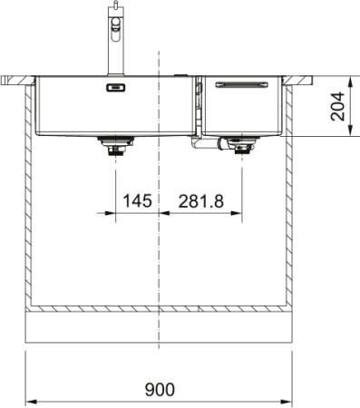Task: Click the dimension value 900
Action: click(160, 389)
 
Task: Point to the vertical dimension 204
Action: click(337, 106)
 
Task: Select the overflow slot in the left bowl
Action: click(115, 88)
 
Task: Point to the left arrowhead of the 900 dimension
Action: click(29, 401)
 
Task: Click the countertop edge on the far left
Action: click(9, 80)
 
